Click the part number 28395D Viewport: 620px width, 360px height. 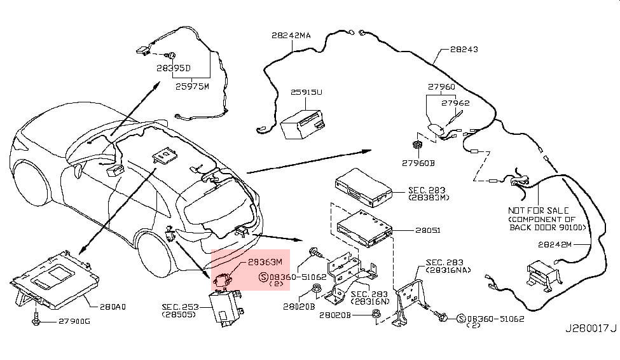pos(174,66)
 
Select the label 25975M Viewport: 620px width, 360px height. pos(192,87)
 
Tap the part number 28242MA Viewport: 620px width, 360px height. pos(291,36)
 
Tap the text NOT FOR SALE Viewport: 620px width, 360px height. pos(538,210)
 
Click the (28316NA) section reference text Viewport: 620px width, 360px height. pos(447,270)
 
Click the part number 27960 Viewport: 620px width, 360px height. pos(441,87)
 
